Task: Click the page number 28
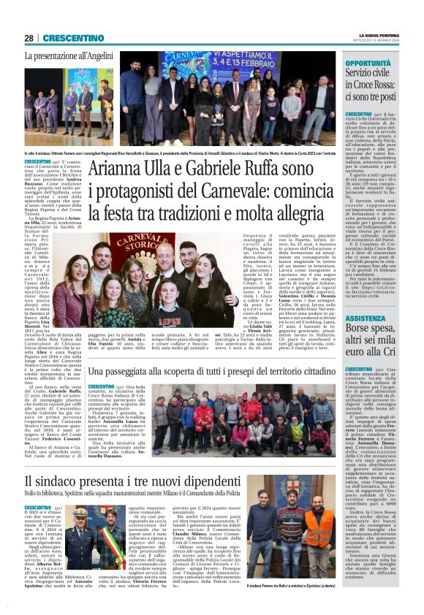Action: pos(29,38)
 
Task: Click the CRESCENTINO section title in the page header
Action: pos(69,38)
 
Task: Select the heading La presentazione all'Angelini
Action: pos(69,56)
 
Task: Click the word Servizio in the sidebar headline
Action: pos(364,75)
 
